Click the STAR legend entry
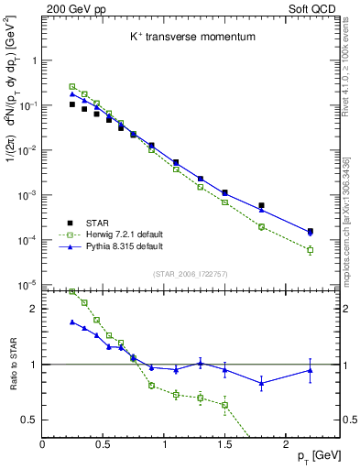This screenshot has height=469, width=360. click(103, 223)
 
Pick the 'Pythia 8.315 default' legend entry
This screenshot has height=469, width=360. click(130, 246)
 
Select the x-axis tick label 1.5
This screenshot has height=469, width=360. click(224, 443)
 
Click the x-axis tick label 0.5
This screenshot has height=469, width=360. click(103, 443)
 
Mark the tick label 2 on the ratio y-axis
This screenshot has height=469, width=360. click(33, 310)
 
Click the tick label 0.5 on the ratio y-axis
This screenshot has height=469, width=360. click(29, 420)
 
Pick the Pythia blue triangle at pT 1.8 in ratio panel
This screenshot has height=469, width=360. click(261, 384)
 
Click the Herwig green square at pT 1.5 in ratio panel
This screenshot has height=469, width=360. click(224, 405)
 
